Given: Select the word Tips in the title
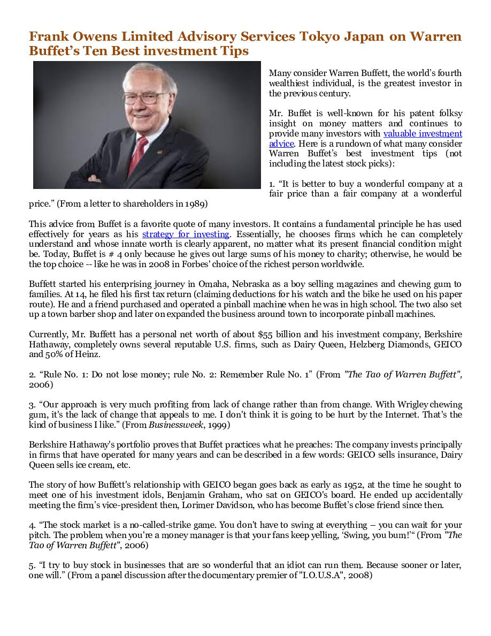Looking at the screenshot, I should pos(234,51).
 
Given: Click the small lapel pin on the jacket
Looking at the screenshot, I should pos(159,152).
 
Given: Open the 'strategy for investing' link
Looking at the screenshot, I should pos(186,234).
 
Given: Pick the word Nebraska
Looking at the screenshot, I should pos(249,284).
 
